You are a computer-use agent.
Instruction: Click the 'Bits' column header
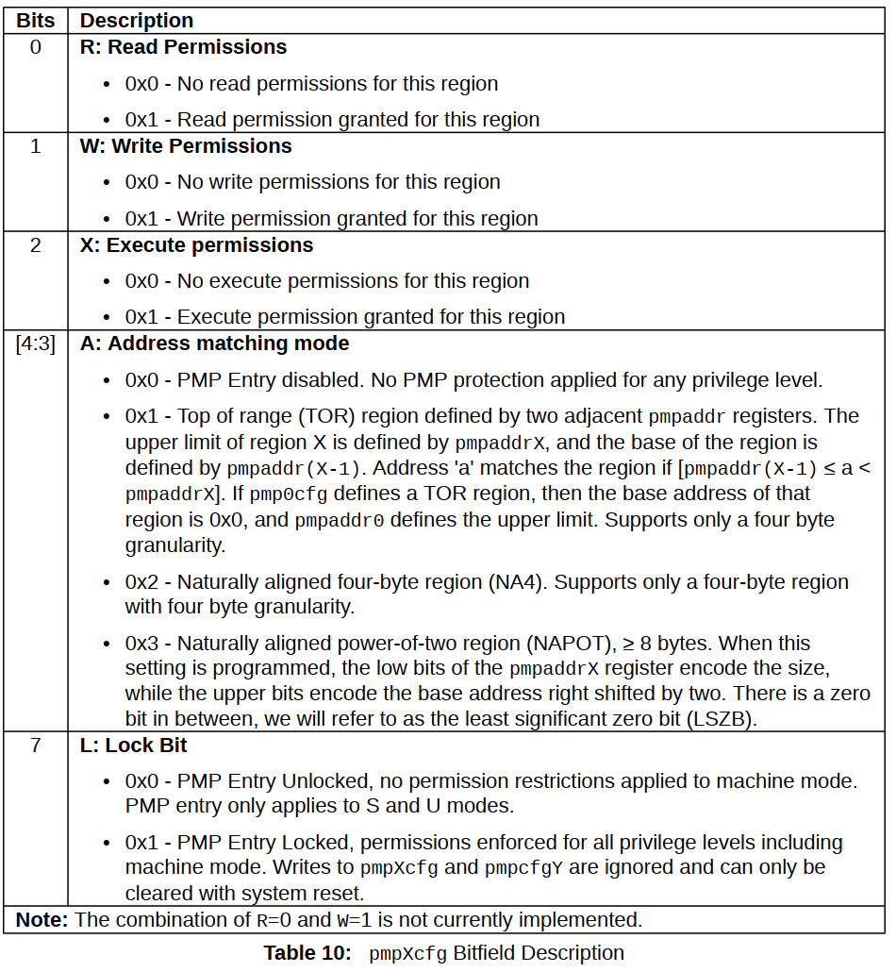coord(35,20)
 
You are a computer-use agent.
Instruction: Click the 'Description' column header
coord(137,20)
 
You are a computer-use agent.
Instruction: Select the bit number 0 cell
coord(35,47)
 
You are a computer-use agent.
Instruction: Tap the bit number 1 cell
coord(35,146)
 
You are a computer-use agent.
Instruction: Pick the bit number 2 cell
coord(35,245)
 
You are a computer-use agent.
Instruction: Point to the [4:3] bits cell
coord(35,344)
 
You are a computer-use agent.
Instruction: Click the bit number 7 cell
coord(35,746)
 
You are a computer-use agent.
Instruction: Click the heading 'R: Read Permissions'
coord(183,47)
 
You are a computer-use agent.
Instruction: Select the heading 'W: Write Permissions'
coord(186,146)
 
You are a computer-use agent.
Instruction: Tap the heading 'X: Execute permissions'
coord(196,245)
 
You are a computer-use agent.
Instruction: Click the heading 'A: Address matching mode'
coord(214,344)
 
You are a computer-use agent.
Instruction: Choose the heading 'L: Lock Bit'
coord(133,746)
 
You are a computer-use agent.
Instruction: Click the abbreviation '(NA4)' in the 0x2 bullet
coord(516,582)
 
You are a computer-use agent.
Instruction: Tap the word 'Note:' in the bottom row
coord(42,920)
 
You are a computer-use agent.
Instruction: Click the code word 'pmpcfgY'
coord(523,867)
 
